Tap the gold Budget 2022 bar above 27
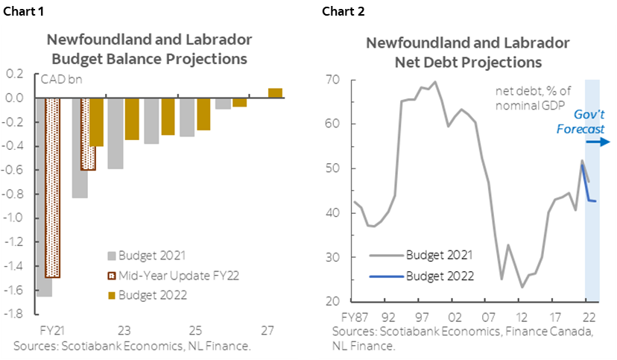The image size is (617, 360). click(x=275, y=92)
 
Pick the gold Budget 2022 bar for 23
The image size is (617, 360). click(x=132, y=119)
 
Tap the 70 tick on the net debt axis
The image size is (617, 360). click(x=332, y=80)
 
